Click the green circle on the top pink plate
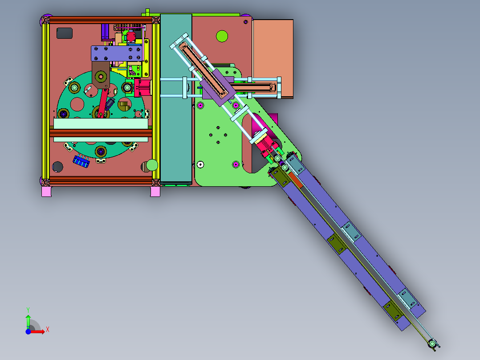(x=222, y=36)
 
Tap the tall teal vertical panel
(x=176, y=98)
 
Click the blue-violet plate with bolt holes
(x=117, y=53)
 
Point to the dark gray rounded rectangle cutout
(x=65, y=33)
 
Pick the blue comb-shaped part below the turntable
(x=81, y=161)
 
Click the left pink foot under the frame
(x=46, y=192)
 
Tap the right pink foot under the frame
(x=155, y=192)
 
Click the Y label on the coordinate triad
(x=28, y=310)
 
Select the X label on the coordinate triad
(x=48, y=330)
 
